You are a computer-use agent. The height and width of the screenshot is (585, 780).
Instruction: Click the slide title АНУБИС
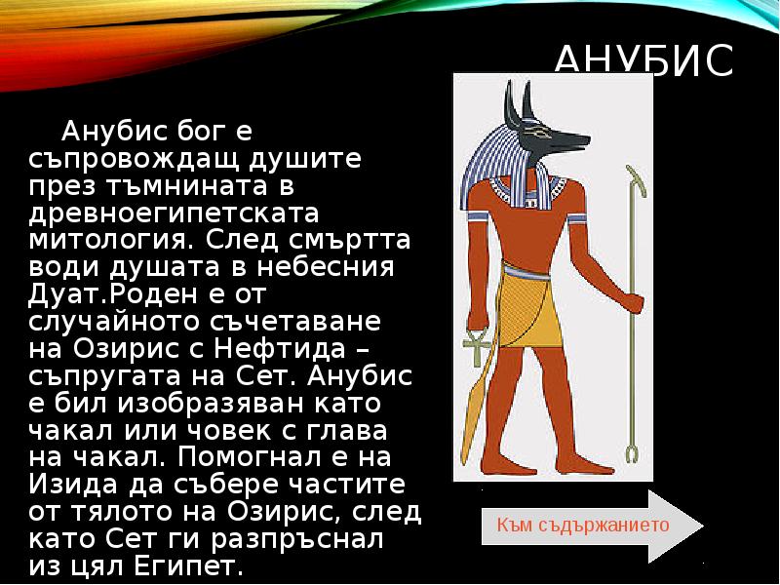(x=643, y=60)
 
